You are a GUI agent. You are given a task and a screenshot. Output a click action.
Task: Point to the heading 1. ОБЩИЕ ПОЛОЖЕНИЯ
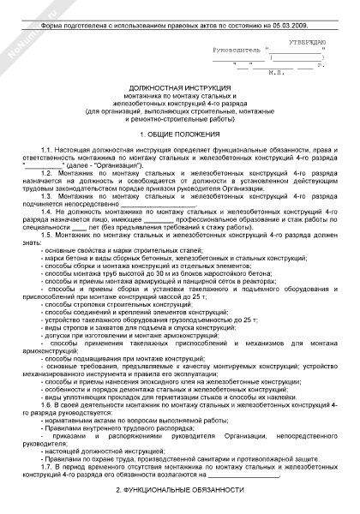coord(180,137)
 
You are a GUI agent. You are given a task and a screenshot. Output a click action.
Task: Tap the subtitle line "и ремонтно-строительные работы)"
coord(181,123)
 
